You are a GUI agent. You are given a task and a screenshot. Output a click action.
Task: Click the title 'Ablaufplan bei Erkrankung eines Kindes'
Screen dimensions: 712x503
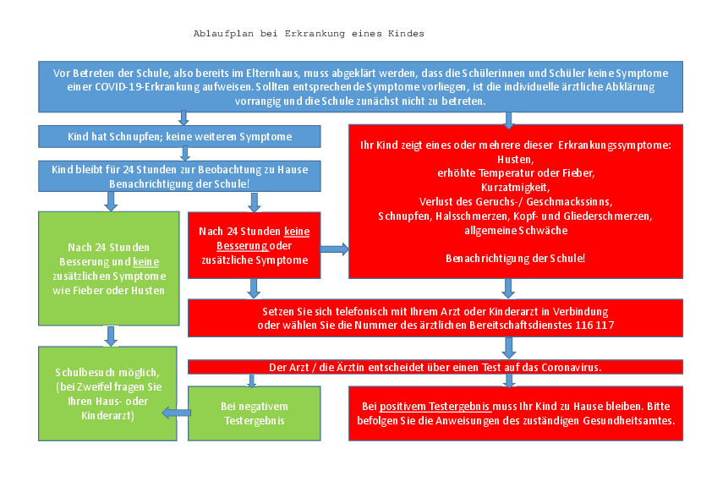click(x=309, y=34)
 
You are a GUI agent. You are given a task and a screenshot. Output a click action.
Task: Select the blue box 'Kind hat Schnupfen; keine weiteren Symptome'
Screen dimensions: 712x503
click(x=179, y=137)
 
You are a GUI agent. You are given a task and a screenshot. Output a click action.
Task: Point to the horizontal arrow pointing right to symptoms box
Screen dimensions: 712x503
click(x=334, y=249)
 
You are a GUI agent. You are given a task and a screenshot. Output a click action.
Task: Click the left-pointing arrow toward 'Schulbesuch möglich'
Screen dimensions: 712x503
click(x=177, y=413)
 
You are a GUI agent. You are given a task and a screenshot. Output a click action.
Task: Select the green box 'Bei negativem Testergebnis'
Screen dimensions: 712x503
click(x=255, y=413)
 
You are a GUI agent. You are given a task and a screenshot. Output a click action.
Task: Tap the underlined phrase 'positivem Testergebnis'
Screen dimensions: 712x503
click(x=435, y=407)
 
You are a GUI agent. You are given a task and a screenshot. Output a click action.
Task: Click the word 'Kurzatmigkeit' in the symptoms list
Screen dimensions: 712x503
click(x=515, y=188)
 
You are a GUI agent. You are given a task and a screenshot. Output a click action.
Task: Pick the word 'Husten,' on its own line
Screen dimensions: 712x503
click(x=515, y=159)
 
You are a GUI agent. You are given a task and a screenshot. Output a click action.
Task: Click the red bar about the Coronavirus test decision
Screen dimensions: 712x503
click(x=435, y=367)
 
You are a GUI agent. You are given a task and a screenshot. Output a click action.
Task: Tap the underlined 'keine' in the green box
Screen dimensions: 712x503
click(x=145, y=262)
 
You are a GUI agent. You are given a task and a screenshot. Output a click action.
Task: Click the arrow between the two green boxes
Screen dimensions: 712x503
click(x=111, y=336)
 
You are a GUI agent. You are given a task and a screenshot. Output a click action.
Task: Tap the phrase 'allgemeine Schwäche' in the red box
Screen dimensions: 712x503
click(x=516, y=231)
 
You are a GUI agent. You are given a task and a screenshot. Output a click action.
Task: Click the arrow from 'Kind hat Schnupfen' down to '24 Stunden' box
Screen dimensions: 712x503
click(x=185, y=154)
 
